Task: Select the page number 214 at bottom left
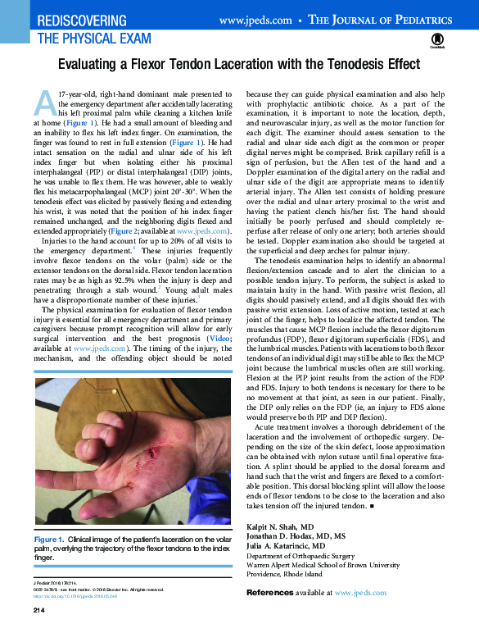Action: pyautogui.click(x=38, y=612)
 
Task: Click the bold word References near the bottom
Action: pyautogui.click(x=276, y=592)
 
